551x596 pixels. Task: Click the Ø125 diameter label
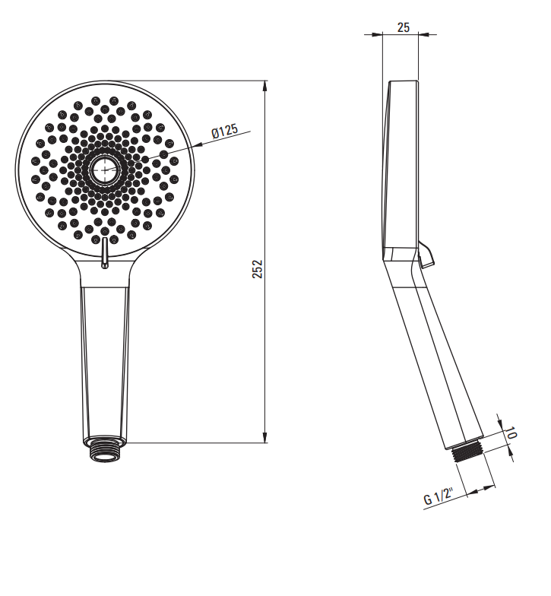coord(225,131)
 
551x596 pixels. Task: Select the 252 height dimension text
coord(258,269)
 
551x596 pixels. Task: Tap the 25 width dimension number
coord(403,27)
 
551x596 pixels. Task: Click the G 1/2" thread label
coord(439,496)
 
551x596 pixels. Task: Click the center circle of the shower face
coord(104,170)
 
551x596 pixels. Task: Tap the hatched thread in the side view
coord(467,450)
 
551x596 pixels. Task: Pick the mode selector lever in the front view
coord(105,252)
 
